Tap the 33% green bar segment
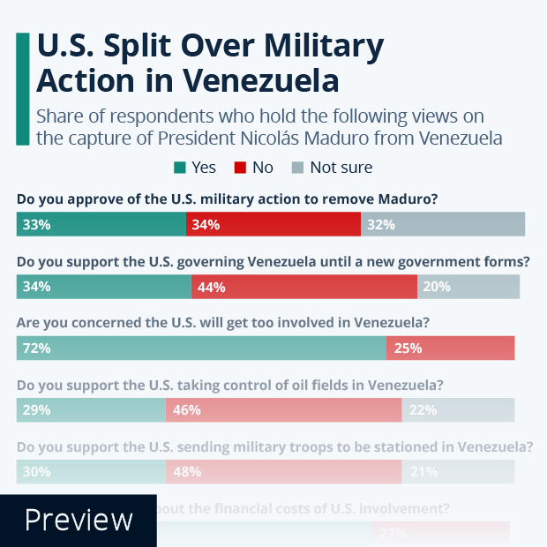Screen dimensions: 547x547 (101, 224)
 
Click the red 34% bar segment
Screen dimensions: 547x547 (273, 224)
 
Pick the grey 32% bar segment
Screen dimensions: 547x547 (443, 224)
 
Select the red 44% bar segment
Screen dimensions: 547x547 (304, 287)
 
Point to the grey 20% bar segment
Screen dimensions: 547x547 (468, 287)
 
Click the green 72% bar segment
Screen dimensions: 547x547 (201, 348)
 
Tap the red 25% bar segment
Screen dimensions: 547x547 (450, 348)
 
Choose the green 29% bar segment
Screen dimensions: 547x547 (91, 409)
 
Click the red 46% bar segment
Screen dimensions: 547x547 (283, 409)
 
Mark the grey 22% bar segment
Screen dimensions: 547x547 (458, 409)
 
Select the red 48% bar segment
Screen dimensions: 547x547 (283, 472)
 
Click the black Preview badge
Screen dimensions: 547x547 (78, 521)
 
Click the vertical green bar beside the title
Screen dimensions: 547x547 (22, 88)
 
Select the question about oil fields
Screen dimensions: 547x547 (229, 386)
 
